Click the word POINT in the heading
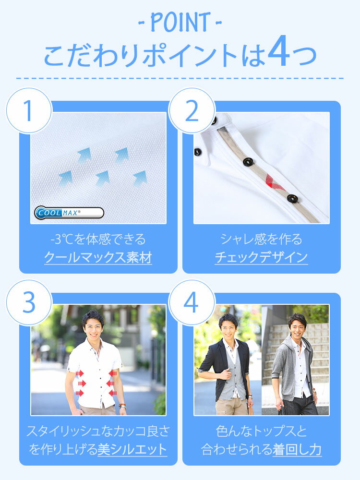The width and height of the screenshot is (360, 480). point(180,22)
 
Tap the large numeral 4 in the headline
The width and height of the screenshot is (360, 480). point(278,51)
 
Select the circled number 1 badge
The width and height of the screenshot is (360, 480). point(29,110)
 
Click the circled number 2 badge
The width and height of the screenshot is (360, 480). point(192,110)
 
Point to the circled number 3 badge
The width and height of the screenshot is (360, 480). point(29,302)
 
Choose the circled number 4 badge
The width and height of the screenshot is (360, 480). point(192,302)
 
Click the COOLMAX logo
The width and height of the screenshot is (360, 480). point(69,213)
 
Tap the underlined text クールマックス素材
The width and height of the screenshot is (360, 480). point(98,257)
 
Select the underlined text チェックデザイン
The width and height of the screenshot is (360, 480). point(261,257)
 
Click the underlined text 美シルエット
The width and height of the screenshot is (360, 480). point(132,449)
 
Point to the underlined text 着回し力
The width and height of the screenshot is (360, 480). point(297,449)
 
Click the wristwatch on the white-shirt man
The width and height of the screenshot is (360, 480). point(122,407)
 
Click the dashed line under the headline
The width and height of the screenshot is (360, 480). point(180,78)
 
